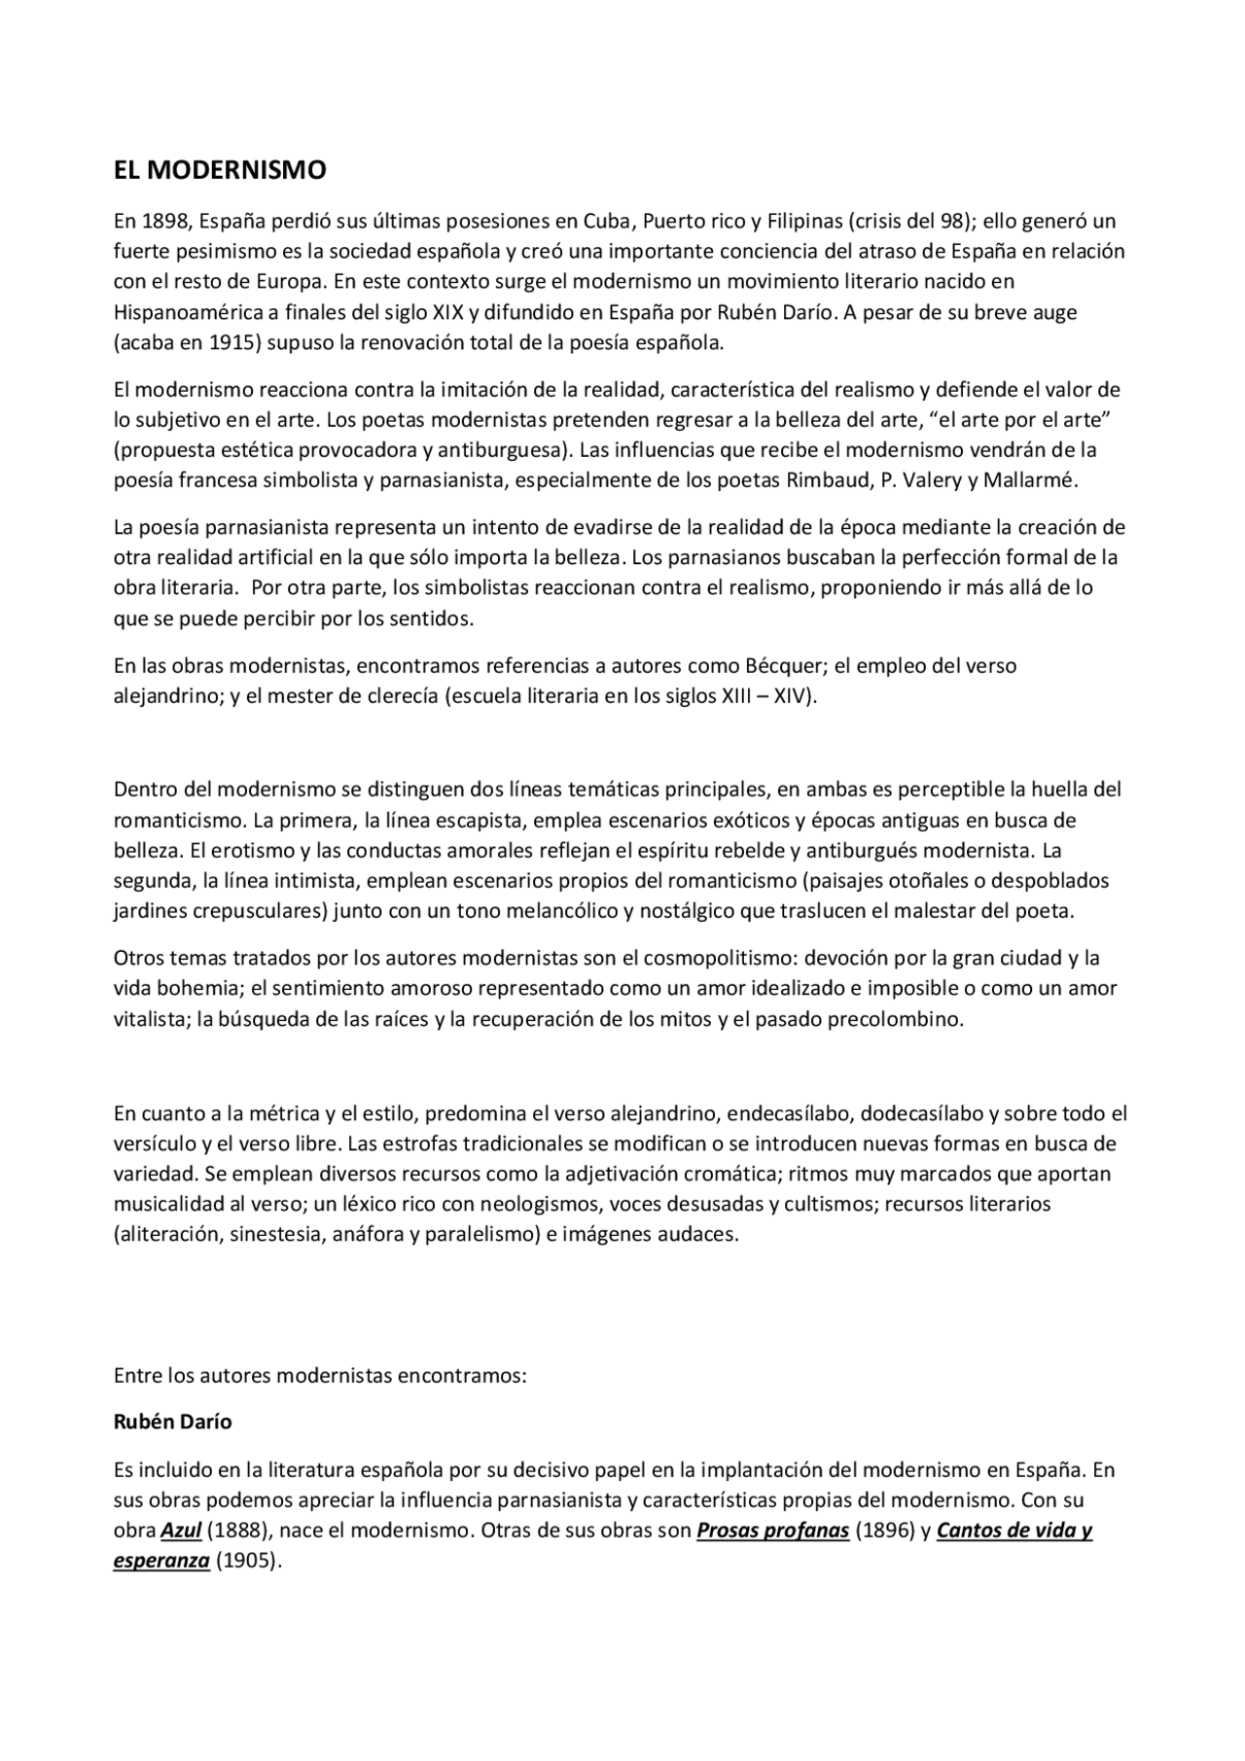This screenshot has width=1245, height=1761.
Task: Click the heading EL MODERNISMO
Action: point(220,171)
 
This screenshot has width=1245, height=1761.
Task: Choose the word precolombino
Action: point(894,1020)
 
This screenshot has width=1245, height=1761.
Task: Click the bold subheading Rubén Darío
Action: point(172,1422)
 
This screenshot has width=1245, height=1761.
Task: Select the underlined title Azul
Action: point(181,1531)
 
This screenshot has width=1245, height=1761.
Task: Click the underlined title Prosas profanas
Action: point(772,1531)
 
